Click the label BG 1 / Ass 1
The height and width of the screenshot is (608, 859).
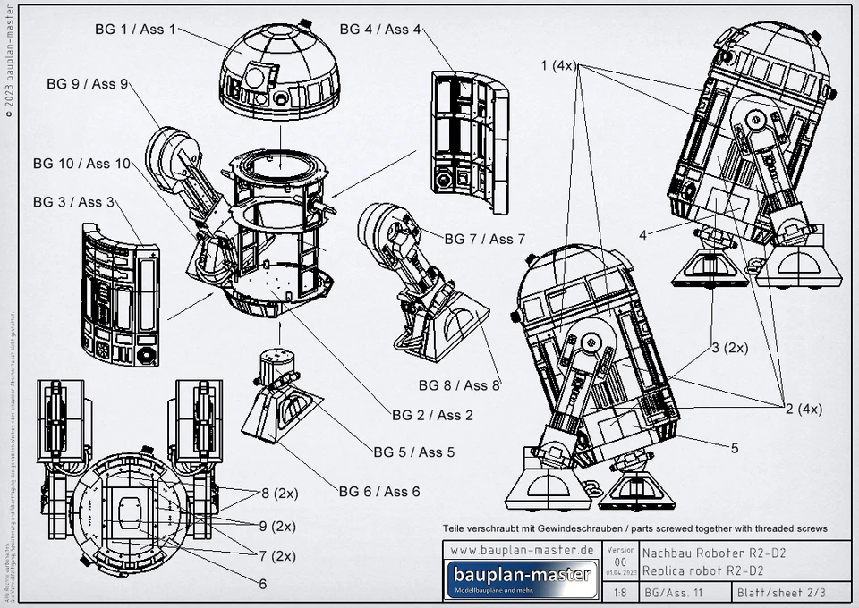coord(135,29)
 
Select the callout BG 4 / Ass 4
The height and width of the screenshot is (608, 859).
coord(379,29)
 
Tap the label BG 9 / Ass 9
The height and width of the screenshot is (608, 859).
coord(88,84)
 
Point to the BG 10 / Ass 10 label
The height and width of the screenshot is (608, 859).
coord(81,164)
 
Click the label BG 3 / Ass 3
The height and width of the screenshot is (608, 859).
coord(73,202)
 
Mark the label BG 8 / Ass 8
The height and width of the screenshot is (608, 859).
coord(459,385)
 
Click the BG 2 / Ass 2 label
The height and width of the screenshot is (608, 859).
coord(432,415)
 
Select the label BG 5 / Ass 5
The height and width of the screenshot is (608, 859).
coord(413,452)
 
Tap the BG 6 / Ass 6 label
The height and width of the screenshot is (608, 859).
coord(378,491)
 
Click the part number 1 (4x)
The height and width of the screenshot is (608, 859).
coord(560,66)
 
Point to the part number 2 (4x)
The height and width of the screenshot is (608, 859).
coord(804,409)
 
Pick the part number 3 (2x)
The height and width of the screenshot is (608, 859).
coord(729,347)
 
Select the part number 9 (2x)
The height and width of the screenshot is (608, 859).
coord(277,525)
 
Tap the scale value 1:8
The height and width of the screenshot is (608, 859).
coord(620,592)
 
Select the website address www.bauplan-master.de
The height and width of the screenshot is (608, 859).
coord(522,550)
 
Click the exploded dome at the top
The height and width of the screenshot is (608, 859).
coord(280,72)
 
